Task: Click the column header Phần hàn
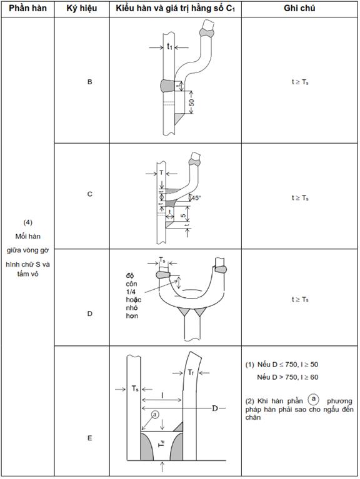coord(27,8)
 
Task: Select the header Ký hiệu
coord(82,8)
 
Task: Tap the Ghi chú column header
coord(299,8)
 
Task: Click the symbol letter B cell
coord(89,82)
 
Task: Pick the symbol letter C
coord(89,194)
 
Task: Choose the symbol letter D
coord(89,314)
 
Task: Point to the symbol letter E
coord(89,438)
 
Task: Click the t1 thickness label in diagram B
coord(169,46)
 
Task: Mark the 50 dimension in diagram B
coord(192,102)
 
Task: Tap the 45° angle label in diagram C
coord(196,198)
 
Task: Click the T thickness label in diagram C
coord(162,173)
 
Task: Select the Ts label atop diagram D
coord(162,260)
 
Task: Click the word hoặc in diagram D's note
coord(134,300)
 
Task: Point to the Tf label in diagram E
coord(191,372)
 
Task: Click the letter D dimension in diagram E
coord(215,408)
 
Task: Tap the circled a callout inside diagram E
coord(155,415)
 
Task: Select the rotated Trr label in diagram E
coord(162,443)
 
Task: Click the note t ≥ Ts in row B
coord(300,82)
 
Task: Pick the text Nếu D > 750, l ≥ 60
coord(287,377)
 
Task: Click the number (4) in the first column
coord(27,222)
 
